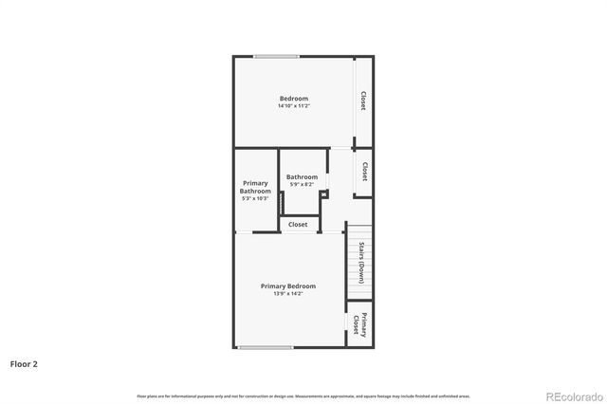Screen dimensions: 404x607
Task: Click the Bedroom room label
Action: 293,99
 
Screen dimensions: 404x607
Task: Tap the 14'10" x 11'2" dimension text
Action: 293,106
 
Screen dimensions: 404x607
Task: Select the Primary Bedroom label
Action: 288,285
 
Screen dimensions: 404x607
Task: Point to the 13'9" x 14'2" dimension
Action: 288,293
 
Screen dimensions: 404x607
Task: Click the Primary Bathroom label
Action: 255,187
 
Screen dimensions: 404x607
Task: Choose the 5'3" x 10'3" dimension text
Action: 255,198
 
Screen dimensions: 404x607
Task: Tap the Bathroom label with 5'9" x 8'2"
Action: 302,176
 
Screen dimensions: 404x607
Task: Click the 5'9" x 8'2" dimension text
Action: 302,184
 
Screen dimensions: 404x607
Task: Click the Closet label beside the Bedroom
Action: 362,101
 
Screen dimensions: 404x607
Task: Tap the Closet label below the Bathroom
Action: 298,225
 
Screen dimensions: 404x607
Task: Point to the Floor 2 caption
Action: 24,363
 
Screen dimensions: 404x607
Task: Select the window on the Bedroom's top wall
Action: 276,57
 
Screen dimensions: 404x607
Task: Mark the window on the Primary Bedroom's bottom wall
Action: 265,348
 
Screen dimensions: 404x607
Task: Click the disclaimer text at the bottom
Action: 303,395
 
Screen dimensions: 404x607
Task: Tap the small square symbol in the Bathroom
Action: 323,194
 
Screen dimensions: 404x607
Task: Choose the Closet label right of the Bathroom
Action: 364,172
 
